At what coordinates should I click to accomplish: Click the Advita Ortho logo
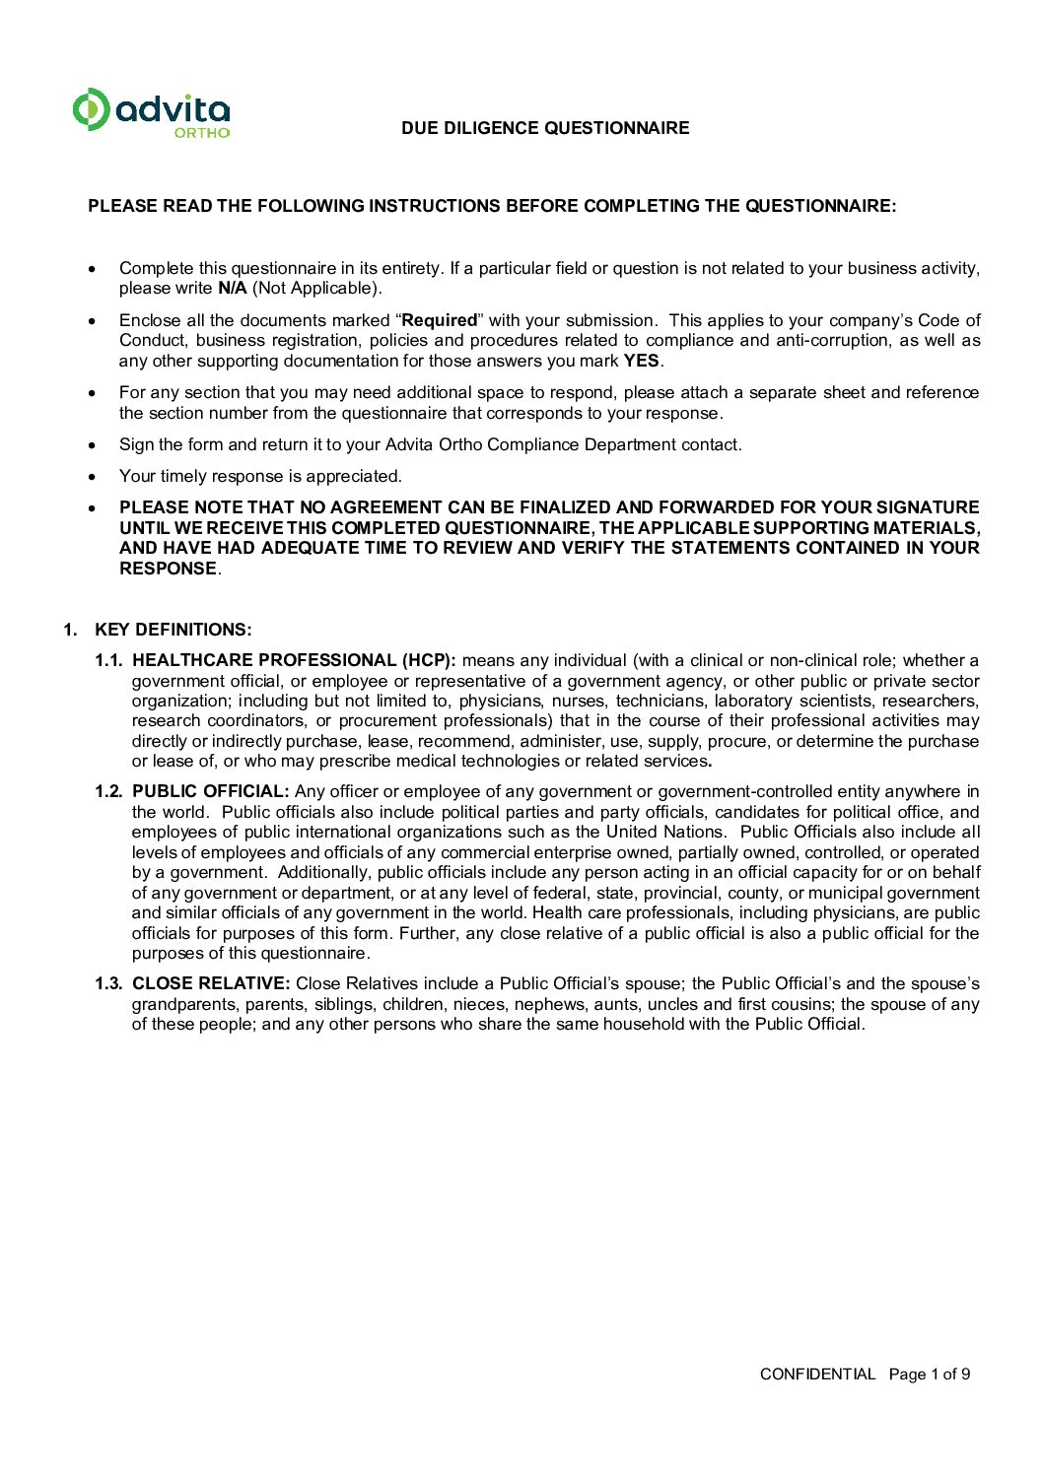(x=151, y=112)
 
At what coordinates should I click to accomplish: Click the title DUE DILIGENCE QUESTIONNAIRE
(x=545, y=128)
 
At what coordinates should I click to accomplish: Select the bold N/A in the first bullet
(x=233, y=289)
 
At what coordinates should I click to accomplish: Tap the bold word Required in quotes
(x=440, y=320)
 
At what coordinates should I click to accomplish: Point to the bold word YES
(x=642, y=361)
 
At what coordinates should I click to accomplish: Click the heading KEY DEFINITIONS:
(x=174, y=630)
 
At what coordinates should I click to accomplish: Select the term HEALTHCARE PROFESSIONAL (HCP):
(x=294, y=660)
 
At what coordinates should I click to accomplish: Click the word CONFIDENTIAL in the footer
(x=817, y=1374)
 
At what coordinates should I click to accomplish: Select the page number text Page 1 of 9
(x=930, y=1374)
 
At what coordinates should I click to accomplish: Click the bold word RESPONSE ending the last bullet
(x=168, y=569)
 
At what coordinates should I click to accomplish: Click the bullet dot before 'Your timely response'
(x=93, y=477)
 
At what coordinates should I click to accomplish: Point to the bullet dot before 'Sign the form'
(x=93, y=445)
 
